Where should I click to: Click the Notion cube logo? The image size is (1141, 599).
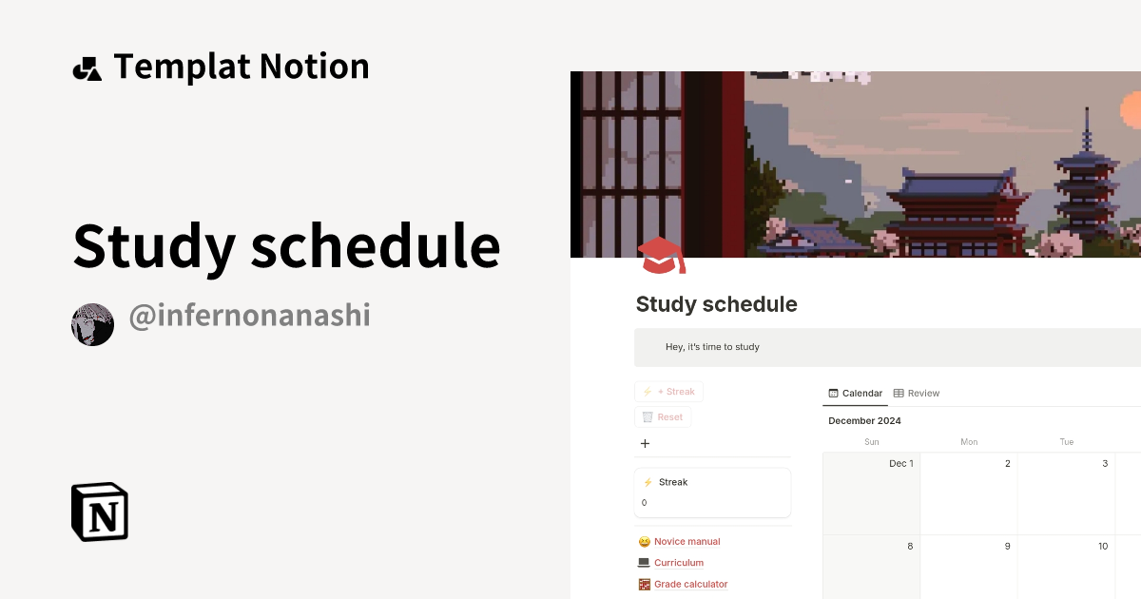100,512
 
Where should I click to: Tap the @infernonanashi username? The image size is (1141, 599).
248,316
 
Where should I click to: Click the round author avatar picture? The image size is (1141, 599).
92,325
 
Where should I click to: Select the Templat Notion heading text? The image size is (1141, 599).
241,67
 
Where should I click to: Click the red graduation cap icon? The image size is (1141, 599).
661,256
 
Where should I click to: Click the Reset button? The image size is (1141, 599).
663,416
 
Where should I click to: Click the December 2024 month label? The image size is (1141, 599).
864,420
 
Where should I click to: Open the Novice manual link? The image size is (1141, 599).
687,541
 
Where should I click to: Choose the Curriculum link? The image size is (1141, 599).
678,563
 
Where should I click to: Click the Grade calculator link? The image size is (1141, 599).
690,584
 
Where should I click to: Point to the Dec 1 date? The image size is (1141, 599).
900,464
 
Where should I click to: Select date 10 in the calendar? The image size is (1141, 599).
1102,546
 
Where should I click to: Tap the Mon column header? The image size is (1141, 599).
969,441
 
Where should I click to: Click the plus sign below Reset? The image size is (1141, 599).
645,443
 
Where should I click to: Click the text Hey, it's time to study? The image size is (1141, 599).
712,347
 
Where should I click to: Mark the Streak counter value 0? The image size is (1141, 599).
644,503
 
